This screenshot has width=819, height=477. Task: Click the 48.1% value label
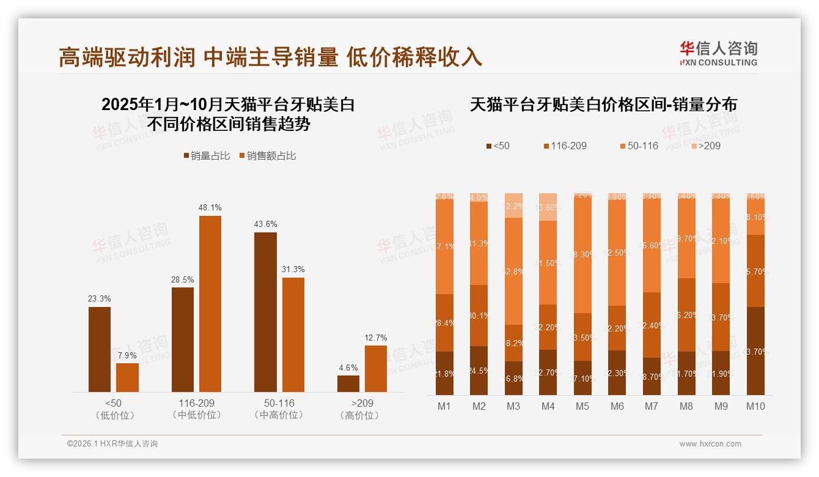(210, 208)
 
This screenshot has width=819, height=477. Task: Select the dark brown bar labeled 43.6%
(265, 312)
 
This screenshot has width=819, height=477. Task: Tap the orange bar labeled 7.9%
(127, 377)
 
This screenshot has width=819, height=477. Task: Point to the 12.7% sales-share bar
(376, 368)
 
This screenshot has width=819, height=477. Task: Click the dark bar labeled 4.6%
(348, 383)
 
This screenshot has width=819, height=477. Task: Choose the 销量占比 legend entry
(207, 156)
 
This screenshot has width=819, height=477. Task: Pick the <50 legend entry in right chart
(498, 146)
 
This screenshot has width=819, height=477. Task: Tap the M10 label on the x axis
(755, 406)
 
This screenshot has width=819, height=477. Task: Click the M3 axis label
(513, 406)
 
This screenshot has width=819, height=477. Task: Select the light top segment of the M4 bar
(548, 207)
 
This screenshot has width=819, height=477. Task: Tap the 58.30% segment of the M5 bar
(582, 254)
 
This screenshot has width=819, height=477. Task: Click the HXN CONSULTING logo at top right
(718, 54)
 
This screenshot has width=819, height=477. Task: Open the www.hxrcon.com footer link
(710, 444)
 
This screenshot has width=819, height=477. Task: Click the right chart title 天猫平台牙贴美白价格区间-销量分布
(603, 105)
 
